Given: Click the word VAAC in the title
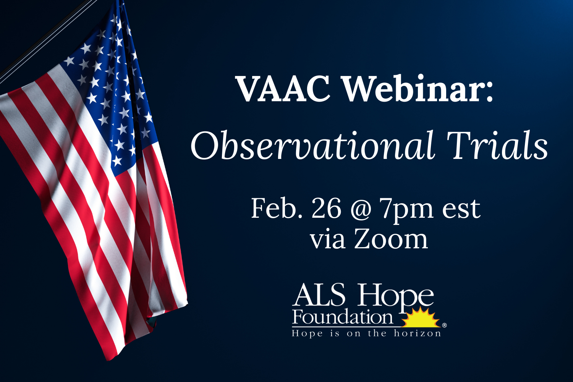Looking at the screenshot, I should [283, 89].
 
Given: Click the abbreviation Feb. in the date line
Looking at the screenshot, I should [276, 209].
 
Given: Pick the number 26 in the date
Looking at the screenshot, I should [326, 209].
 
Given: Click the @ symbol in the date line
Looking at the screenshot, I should [360, 209].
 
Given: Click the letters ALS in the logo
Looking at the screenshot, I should [319, 296].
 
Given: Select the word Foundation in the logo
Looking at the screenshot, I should [343, 317].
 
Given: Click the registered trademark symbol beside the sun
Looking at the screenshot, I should [444, 325].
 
